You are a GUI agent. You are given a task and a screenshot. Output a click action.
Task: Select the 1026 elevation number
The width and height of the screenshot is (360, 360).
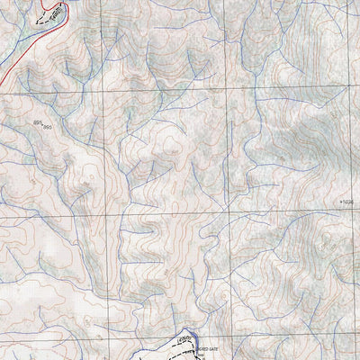point(350,202)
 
